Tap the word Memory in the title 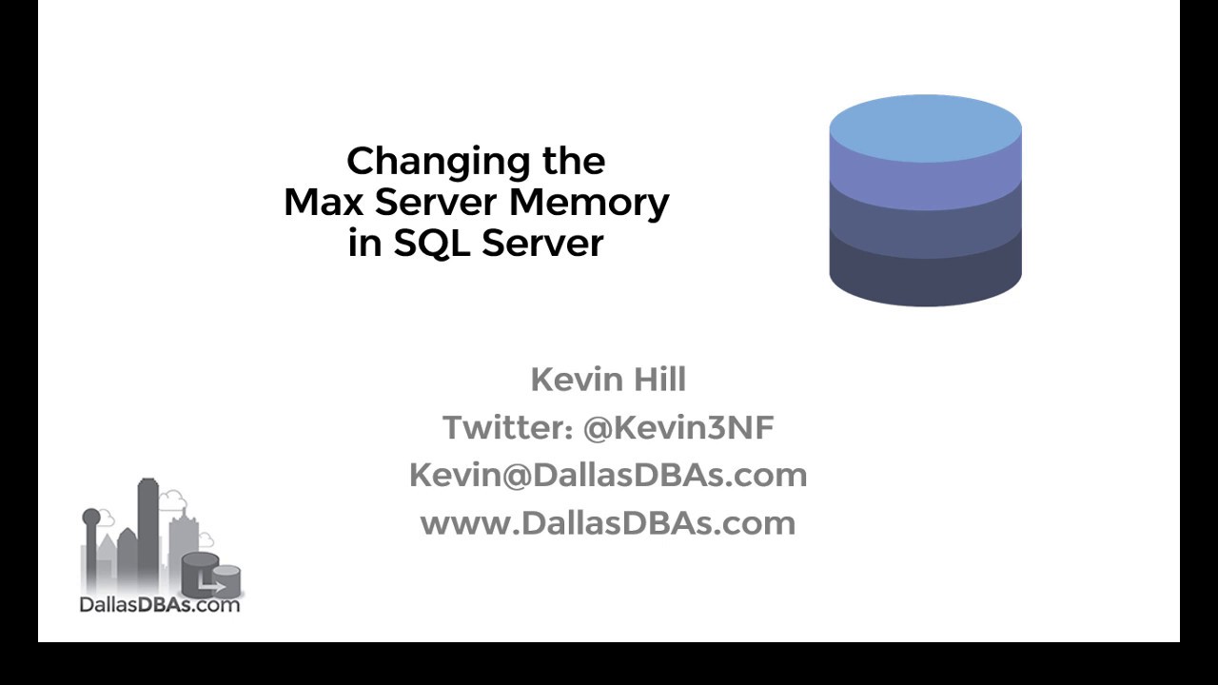(x=589, y=203)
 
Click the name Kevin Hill (x=608, y=380)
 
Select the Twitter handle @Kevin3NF (x=678, y=428)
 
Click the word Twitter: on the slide (x=507, y=428)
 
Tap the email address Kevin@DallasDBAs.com (x=608, y=475)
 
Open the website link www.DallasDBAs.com (x=608, y=522)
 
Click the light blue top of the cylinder (x=925, y=127)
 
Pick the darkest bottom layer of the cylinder (x=925, y=276)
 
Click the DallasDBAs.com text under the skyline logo (x=160, y=604)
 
